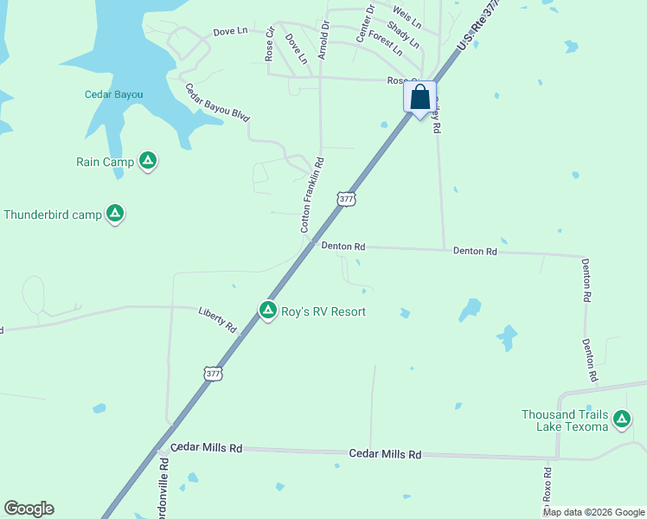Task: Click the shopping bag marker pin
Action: point(420,97)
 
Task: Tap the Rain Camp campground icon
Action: point(148,160)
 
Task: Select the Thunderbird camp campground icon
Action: point(115,214)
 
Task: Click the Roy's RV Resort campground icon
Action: point(268,310)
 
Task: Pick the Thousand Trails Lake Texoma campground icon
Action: point(621,420)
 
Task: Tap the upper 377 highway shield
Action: point(346,199)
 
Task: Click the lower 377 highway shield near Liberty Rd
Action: point(213,374)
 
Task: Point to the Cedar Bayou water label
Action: point(113,94)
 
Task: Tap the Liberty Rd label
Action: point(217,320)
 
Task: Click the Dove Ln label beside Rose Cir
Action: point(296,48)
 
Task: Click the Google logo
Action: point(29,509)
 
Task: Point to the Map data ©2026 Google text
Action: point(593,512)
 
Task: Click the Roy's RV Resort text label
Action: point(323,311)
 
